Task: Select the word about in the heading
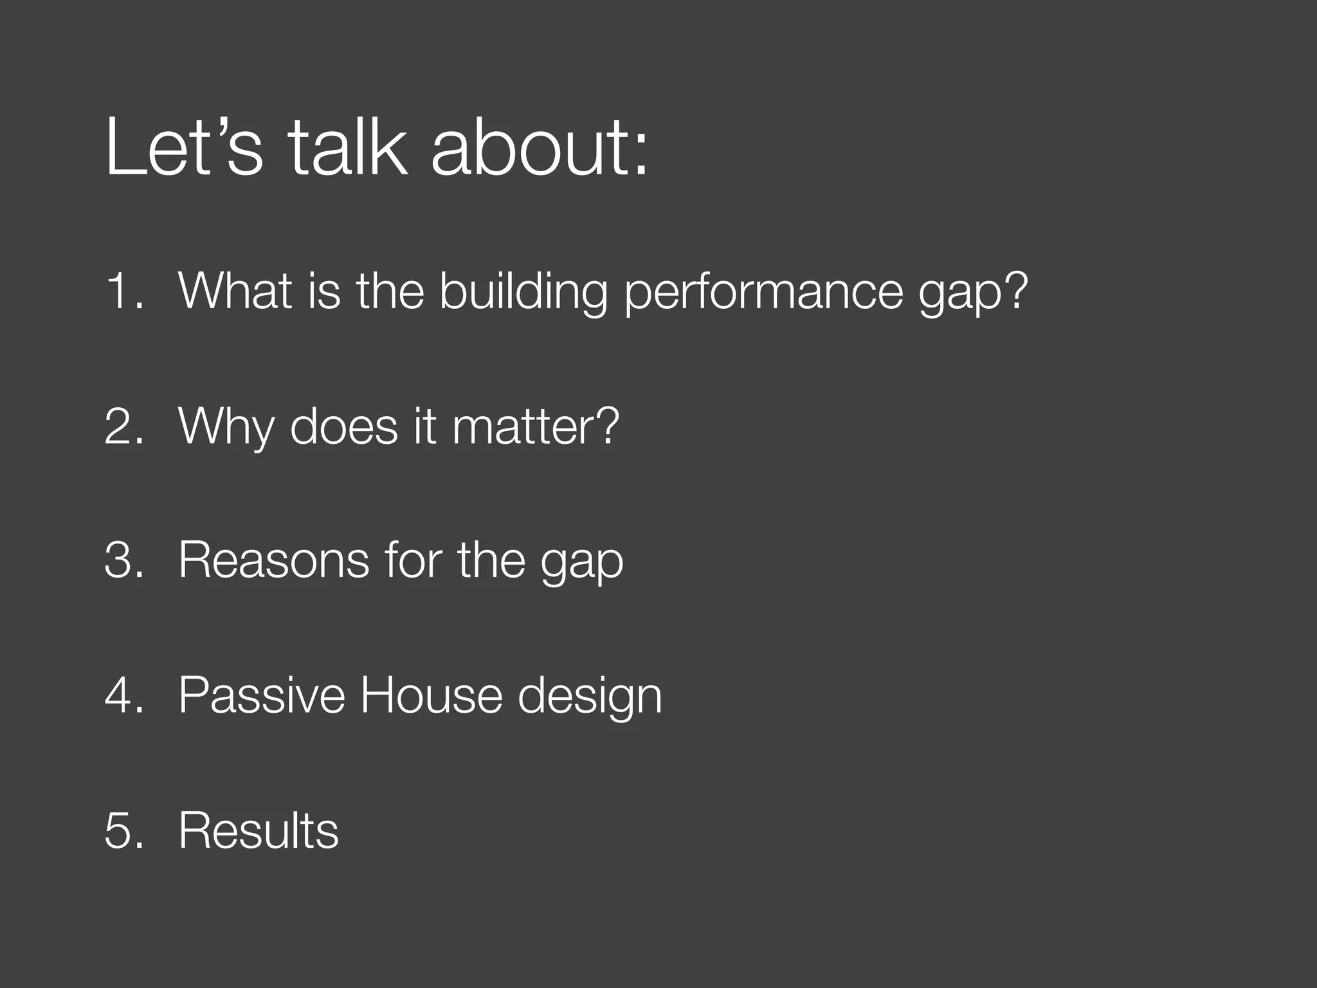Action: pyautogui.click(x=539, y=148)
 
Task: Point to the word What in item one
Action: pyautogui.click(x=235, y=291)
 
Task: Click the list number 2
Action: pyautogui.click(x=123, y=426)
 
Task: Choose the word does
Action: pyautogui.click(x=344, y=426)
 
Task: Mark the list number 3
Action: pyautogui.click(x=123, y=560)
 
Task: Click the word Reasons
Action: pyautogui.click(x=274, y=560)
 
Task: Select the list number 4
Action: pyautogui.click(x=123, y=695)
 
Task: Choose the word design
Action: pyautogui.click(x=590, y=697)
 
